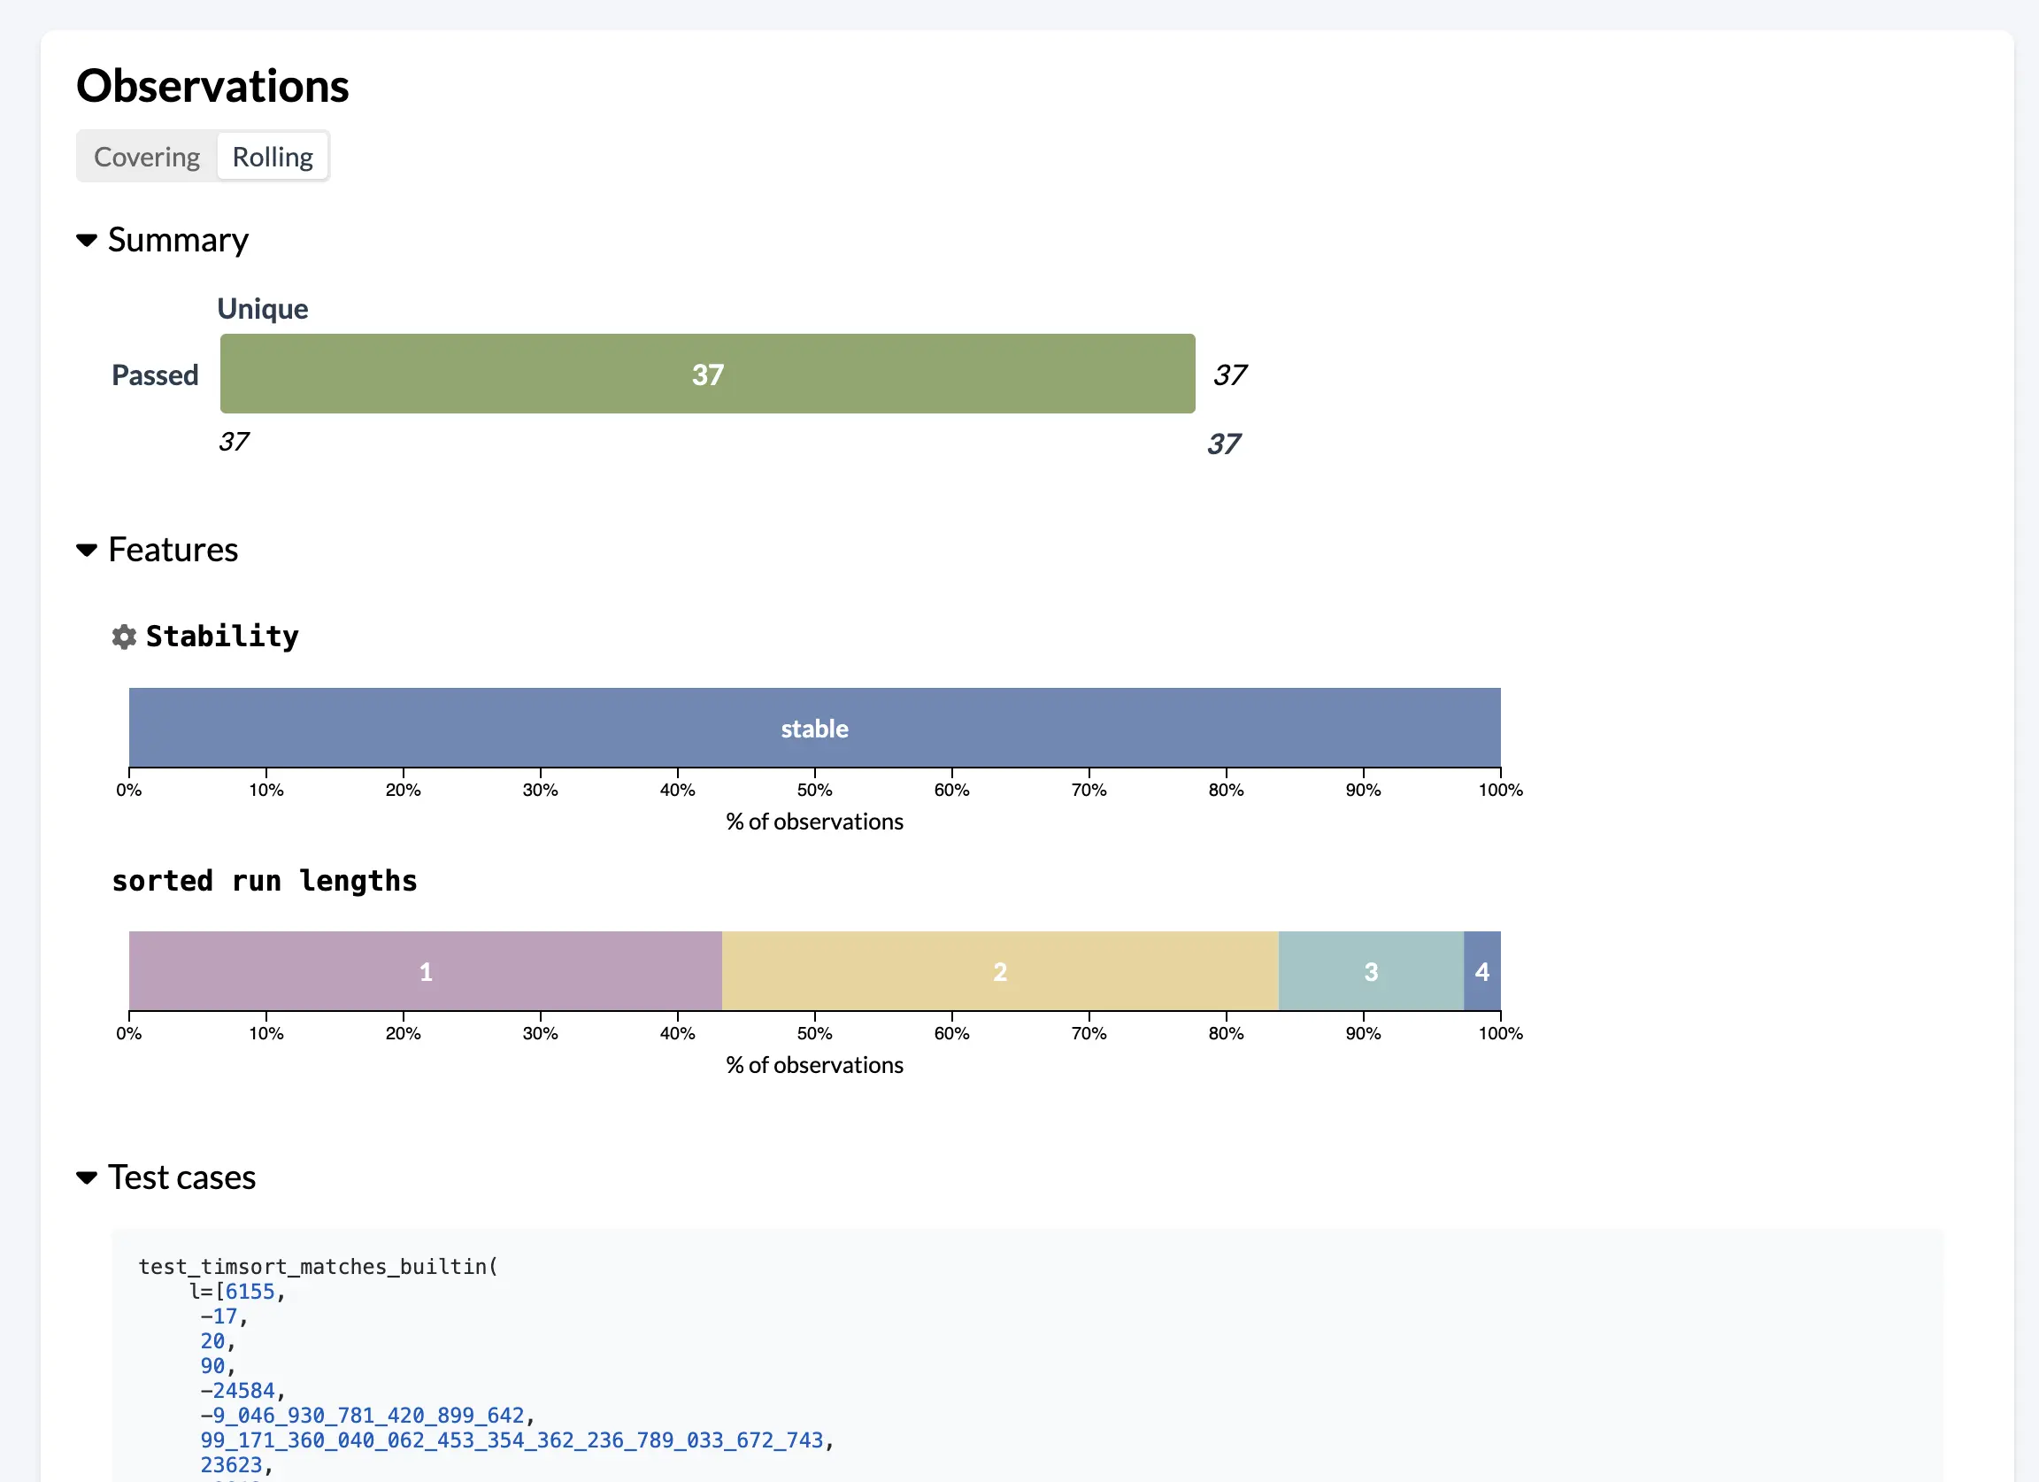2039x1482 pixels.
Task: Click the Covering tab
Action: [147, 157]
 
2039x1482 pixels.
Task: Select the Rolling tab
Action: [273, 157]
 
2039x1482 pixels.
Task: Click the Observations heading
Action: [212, 87]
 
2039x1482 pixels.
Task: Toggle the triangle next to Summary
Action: [88, 240]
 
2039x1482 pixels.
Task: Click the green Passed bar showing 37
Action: [706, 374]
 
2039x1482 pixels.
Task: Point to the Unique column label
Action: [263, 308]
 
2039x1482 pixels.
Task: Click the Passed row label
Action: [155, 375]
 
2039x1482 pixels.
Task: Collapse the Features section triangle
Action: [88, 550]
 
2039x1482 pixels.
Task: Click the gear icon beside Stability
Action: [124, 637]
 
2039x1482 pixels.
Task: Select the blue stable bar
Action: [813, 728]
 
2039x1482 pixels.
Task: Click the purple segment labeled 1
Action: [426, 971]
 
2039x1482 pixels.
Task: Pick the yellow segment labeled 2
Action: [1000, 971]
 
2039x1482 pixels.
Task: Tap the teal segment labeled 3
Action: [1370, 971]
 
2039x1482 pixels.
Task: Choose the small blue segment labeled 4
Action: [1481, 971]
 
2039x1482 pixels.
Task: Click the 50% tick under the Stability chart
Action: [814, 789]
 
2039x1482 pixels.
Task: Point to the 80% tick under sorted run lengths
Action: [1226, 1032]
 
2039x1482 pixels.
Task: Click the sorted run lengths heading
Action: [265, 880]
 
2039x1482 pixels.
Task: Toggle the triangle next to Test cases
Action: [88, 1177]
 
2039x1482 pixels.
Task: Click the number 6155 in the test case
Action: [250, 1292]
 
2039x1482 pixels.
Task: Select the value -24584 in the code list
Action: [237, 1390]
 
